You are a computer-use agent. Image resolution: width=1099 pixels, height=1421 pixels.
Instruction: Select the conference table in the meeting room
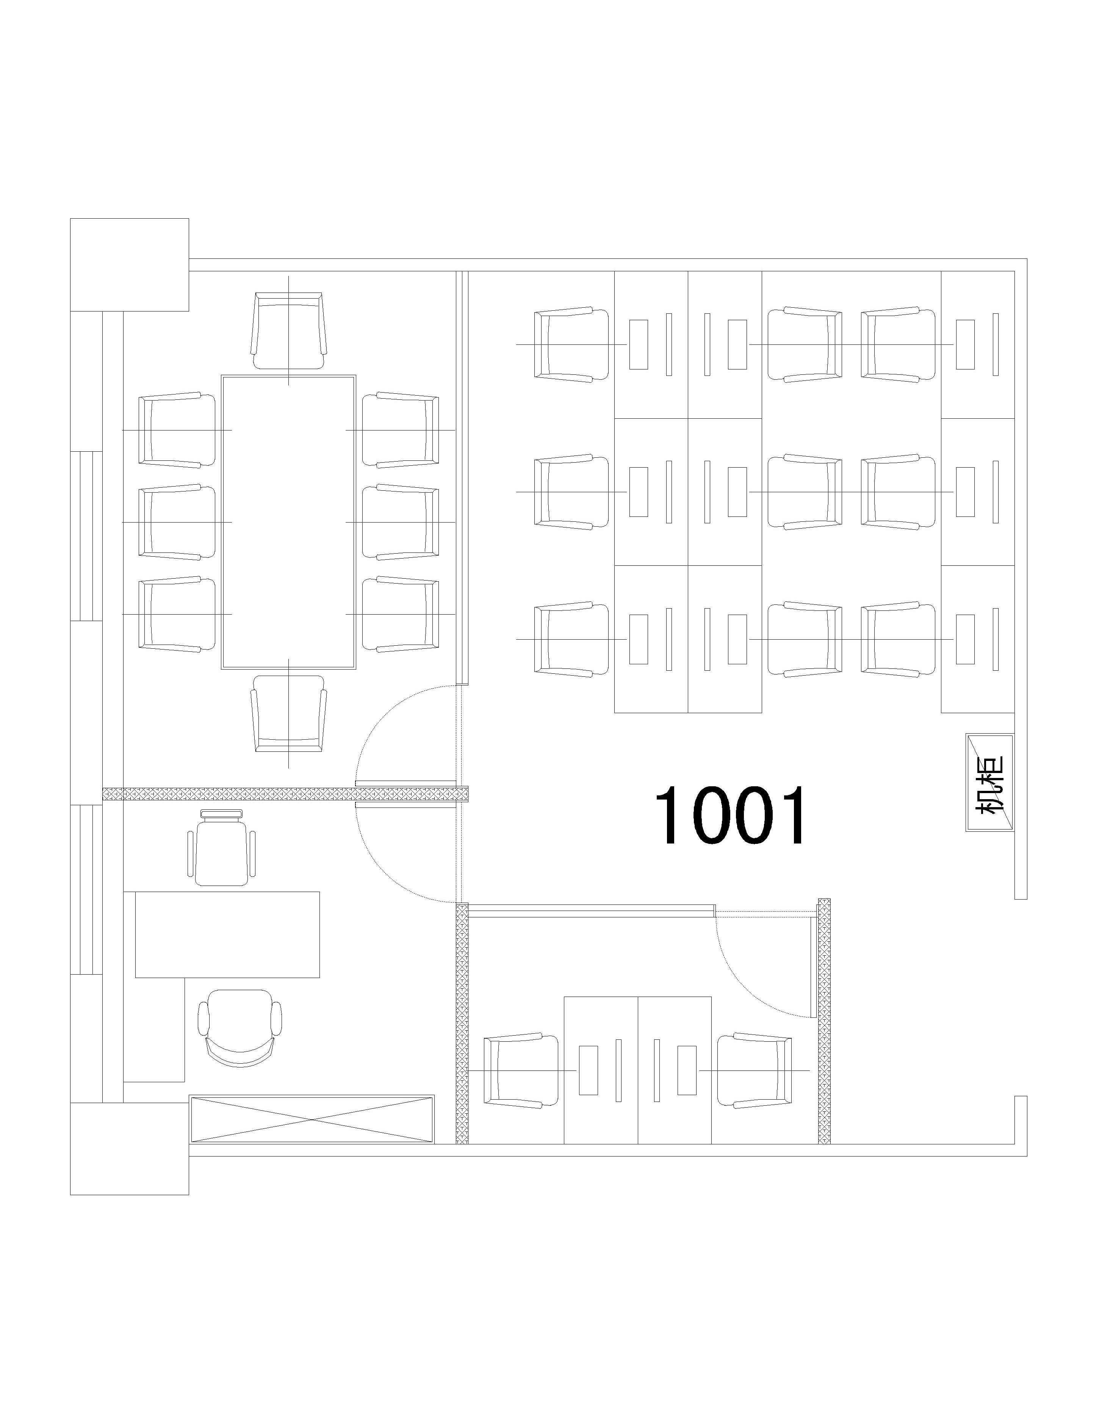coord(288,522)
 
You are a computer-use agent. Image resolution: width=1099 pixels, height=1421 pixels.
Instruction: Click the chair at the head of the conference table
coord(288,330)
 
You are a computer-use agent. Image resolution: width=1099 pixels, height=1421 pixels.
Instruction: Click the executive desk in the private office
coord(227,934)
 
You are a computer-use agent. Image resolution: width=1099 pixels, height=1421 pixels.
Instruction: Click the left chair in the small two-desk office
coord(521,1070)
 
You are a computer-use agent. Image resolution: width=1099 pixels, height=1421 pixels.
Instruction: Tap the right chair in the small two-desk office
coord(755,1070)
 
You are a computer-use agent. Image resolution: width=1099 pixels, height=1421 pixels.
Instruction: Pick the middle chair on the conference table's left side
coord(177,522)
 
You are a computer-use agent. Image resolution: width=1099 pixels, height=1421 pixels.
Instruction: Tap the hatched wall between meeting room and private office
coord(286,794)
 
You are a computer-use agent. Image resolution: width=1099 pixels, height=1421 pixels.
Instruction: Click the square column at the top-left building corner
coord(130,265)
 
